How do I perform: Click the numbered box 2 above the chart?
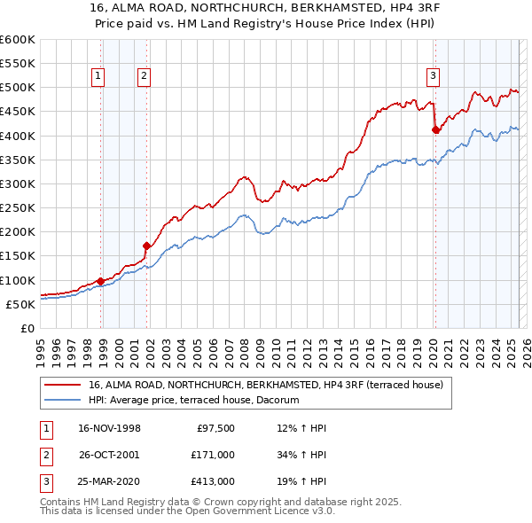pos(143,76)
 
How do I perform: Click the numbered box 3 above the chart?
pos(433,76)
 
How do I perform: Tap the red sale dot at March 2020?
pos(435,129)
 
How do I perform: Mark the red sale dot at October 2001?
pos(147,246)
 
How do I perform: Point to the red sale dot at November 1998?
pos(101,281)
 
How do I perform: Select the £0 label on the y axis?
pos(27,328)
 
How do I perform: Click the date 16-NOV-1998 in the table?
pos(109,428)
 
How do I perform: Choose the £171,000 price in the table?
pos(213,454)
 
